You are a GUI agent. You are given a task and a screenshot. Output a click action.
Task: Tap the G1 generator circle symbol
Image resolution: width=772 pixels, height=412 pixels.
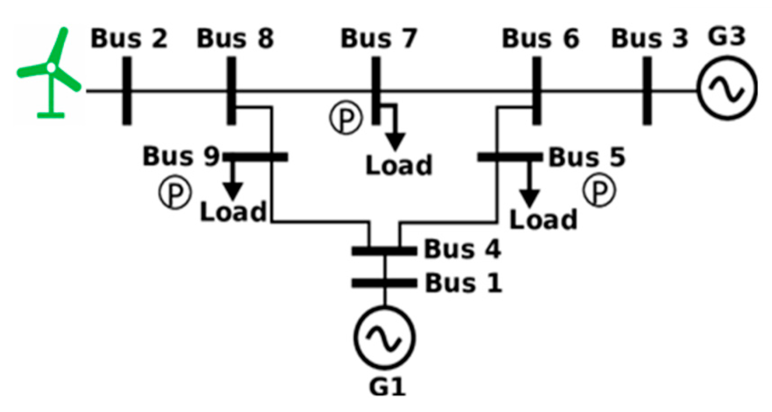click(384, 338)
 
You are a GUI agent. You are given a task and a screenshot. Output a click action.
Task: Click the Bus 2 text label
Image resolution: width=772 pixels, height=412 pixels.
click(129, 40)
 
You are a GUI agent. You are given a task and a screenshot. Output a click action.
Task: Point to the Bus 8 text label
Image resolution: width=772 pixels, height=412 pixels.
click(236, 40)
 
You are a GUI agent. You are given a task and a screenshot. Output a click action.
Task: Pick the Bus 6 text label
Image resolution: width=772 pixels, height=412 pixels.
click(541, 40)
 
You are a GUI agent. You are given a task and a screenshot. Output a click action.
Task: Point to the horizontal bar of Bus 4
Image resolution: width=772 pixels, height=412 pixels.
click(384, 251)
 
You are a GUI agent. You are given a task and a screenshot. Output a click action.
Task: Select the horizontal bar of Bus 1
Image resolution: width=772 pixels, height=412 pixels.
click(384, 283)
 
